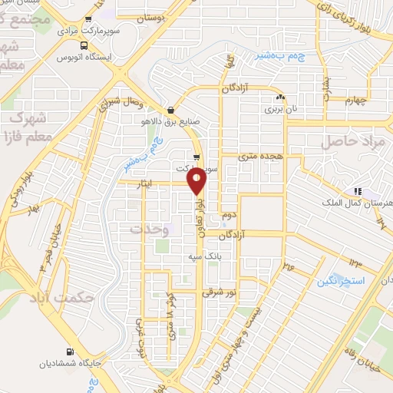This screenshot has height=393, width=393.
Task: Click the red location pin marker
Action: (x=197, y=181)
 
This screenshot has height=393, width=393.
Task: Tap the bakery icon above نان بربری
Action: (x=281, y=98)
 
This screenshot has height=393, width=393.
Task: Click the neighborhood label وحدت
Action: (x=149, y=229)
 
